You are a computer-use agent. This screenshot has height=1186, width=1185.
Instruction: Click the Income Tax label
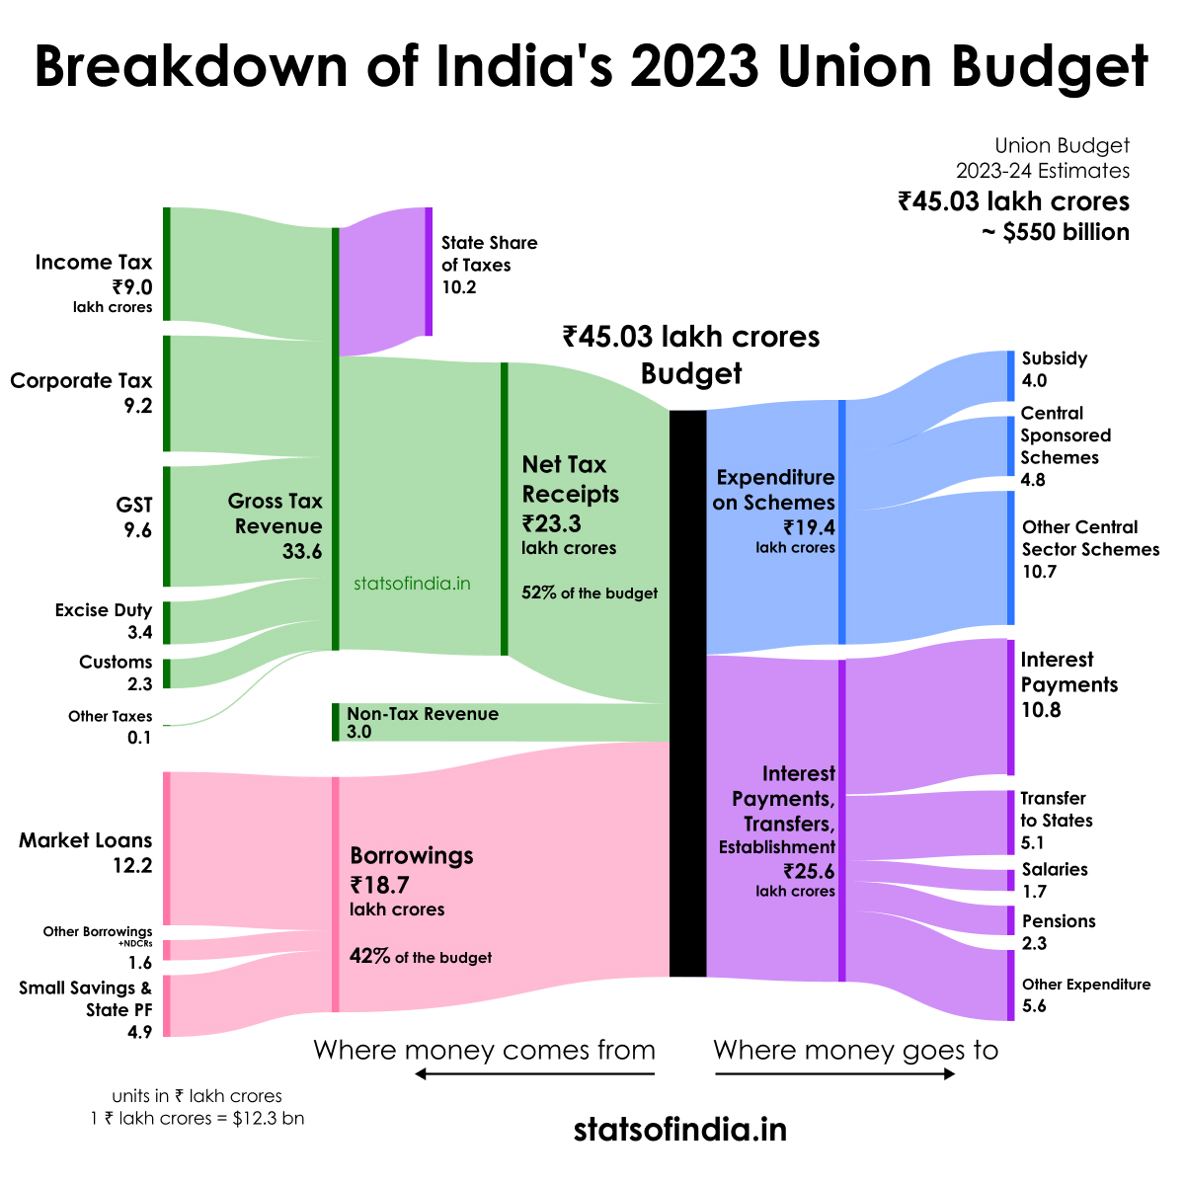(94, 262)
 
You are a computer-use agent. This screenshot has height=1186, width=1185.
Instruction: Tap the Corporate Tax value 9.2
(138, 404)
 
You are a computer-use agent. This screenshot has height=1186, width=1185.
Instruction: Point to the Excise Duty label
(104, 610)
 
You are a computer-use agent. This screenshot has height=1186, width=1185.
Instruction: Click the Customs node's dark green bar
(166, 673)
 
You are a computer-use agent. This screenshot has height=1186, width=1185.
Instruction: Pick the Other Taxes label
(110, 716)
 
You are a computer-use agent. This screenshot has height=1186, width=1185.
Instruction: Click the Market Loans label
(86, 840)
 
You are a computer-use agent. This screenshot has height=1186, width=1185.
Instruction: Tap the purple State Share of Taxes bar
(429, 272)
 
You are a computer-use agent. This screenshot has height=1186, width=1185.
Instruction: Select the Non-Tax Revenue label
(423, 714)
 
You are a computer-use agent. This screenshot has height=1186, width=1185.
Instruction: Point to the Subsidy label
(1055, 358)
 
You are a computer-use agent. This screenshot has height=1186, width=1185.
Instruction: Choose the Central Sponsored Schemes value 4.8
(1033, 480)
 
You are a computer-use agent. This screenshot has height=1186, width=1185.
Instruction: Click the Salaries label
(1055, 869)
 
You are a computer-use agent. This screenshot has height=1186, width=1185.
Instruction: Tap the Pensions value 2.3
(1034, 943)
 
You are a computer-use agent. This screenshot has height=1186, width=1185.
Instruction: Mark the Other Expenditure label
(1086, 985)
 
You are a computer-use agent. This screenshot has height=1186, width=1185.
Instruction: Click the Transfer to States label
(1055, 809)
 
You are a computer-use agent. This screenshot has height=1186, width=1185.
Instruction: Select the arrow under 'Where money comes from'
(534, 1073)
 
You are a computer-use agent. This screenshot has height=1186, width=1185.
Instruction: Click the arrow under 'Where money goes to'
(835, 1073)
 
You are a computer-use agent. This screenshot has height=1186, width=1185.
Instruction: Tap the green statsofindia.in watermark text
(412, 584)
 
